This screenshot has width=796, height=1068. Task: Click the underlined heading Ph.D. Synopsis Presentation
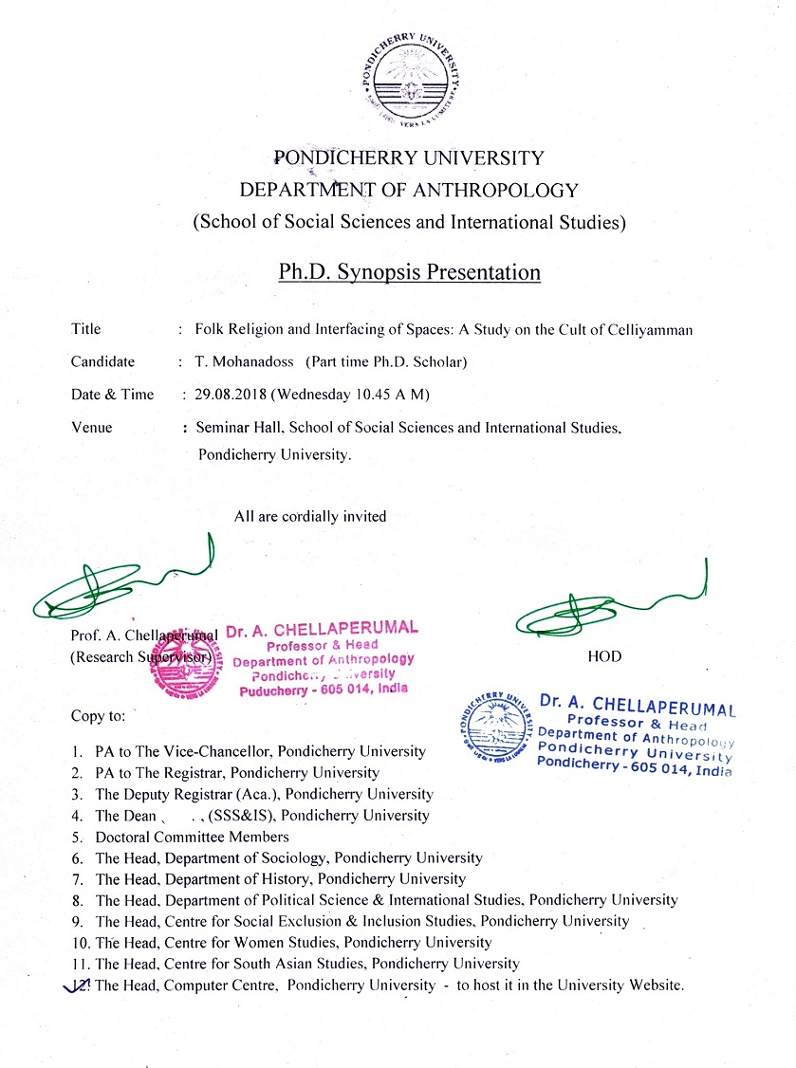(x=409, y=273)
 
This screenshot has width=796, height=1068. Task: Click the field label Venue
(x=91, y=428)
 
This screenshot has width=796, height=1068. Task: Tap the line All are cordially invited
(x=310, y=516)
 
